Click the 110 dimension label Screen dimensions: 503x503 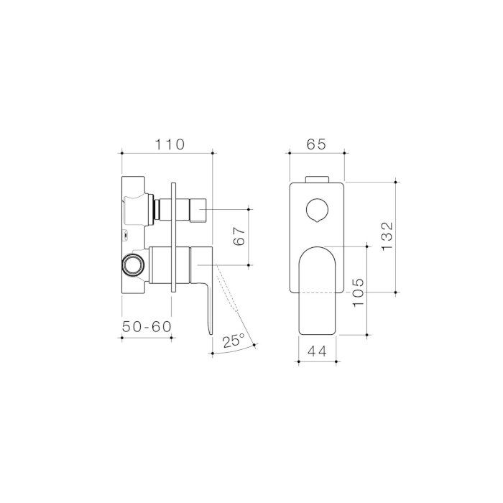coord(170,144)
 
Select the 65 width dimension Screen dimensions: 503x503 coord(316,144)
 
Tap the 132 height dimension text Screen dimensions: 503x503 coord(387,236)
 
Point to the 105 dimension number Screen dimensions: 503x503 coord(359,292)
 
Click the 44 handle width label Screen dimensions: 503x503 coord(317,351)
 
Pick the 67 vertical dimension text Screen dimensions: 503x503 coord(239,236)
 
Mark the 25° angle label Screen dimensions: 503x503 coord(234,341)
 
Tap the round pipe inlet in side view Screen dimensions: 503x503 coord(133,265)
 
